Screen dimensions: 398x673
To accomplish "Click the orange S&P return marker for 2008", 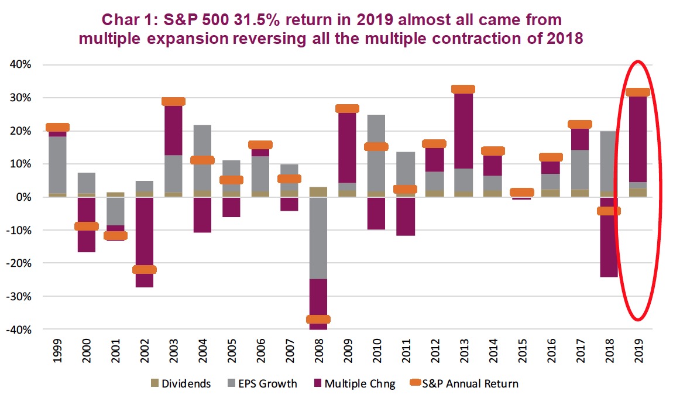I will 318,319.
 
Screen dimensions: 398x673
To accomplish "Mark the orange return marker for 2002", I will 145,269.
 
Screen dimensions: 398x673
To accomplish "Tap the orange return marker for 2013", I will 463,90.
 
